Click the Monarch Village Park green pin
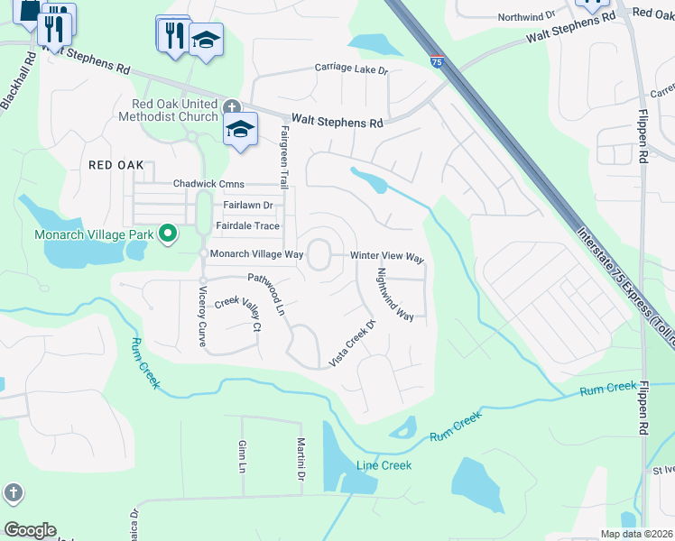point(167,234)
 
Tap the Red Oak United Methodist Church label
point(169,110)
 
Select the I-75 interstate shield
point(437,61)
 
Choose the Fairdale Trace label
point(247,225)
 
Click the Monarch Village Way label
point(256,254)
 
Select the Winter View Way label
point(387,257)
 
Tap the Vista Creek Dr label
point(352,344)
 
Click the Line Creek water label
point(384,465)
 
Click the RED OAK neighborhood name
point(116,165)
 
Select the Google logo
point(30,530)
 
